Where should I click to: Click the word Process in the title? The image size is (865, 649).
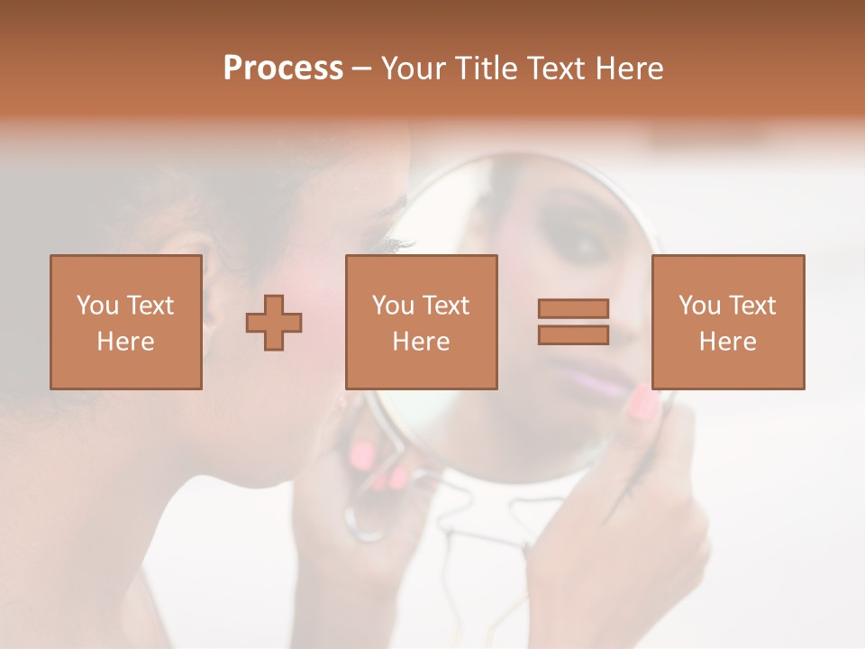(283, 69)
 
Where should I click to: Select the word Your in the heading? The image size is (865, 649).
(415, 69)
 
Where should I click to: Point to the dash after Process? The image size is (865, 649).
(361, 69)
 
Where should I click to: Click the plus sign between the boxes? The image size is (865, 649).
(274, 323)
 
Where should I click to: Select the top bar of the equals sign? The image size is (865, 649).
(573, 309)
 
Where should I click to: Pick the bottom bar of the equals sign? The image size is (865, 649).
(573, 334)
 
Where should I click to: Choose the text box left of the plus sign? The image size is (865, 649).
(125, 322)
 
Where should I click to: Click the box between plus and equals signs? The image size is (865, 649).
(421, 322)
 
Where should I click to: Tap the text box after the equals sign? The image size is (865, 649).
(727, 322)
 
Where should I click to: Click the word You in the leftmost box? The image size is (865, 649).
(96, 306)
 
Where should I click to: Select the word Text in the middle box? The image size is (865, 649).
(446, 306)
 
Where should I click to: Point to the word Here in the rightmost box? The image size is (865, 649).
(727, 342)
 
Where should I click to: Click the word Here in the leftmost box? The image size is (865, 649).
(125, 342)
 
